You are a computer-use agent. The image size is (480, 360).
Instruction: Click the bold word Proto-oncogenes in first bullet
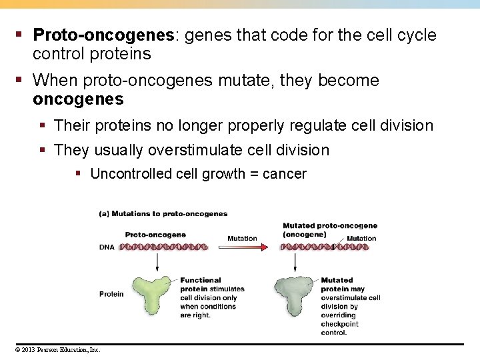click(x=103, y=35)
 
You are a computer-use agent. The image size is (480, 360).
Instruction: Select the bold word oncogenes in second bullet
click(x=78, y=99)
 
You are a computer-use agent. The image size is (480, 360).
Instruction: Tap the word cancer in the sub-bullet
click(x=285, y=174)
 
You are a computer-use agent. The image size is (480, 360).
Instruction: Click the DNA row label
click(x=107, y=247)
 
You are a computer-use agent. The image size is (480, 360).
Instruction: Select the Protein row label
click(x=111, y=294)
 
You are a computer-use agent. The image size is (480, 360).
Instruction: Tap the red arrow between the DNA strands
click(x=244, y=247)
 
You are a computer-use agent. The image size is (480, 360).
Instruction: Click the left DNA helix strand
click(x=163, y=247)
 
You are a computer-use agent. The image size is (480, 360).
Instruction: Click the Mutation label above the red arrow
click(x=242, y=238)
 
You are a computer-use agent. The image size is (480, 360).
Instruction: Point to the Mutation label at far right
click(x=361, y=238)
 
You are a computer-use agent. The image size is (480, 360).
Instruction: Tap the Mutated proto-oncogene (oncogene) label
click(x=329, y=230)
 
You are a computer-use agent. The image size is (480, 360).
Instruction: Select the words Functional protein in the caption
click(x=200, y=285)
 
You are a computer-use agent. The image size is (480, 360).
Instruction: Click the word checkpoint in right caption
click(x=339, y=324)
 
